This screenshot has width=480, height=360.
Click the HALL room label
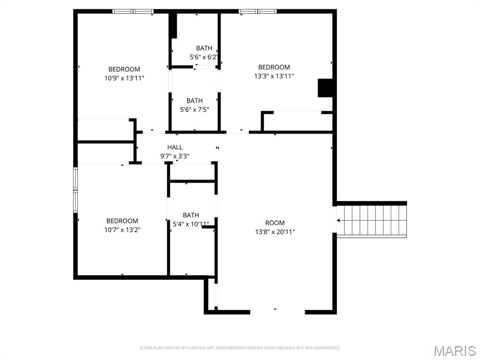[175, 147]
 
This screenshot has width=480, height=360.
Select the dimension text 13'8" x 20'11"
[275, 232]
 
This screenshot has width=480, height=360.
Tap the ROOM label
[275, 223]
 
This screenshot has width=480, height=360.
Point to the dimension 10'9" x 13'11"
[124, 78]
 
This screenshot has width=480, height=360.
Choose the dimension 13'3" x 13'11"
[274, 76]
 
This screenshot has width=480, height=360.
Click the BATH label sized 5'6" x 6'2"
[204, 48]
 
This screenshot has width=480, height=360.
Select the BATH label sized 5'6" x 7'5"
[195, 100]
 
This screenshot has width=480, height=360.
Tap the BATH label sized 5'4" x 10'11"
[191, 215]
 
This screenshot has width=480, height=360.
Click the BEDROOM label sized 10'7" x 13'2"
[122, 221]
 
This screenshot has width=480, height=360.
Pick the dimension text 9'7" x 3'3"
[175, 156]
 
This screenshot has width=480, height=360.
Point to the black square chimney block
[325, 88]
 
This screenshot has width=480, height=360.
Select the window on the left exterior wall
[75, 189]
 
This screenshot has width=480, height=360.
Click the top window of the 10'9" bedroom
[133, 11]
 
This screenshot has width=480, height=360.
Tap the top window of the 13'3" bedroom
[257, 11]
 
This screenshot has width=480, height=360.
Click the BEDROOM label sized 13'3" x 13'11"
[274, 67]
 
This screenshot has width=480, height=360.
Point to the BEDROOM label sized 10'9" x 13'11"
[124, 69]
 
